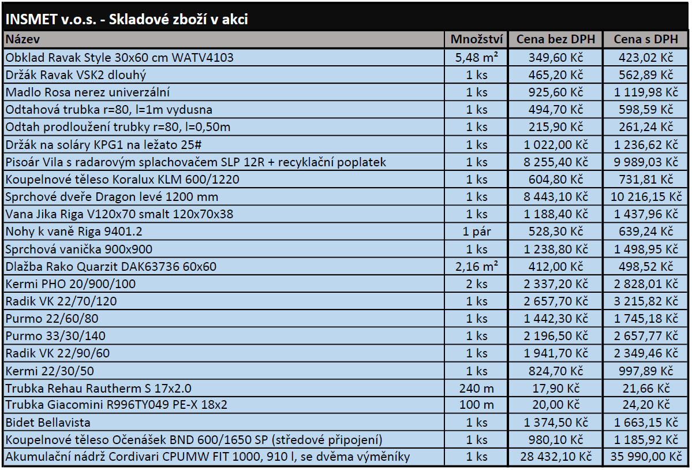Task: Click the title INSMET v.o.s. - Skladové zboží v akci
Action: pyautogui.click(x=126, y=20)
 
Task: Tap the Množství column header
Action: pyautogui.click(x=477, y=39)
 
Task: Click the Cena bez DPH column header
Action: pyautogui.click(x=555, y=39)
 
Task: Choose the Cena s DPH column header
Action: pyautogui.click(x=645, y=39)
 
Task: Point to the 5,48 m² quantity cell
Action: pyautogui.click(x=477, y=58)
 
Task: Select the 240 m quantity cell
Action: pyautogui.click(x=477, y=388)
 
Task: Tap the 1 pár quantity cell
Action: pyautogui.click(x=477, y=232)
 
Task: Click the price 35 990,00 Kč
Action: pyautogui.click(x=645, y=457)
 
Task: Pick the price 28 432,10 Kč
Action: pyautogui.click(x=555, y=457)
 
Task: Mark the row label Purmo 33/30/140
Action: pyautogui.click(x=55, y=336)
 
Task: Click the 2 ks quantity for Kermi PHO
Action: pyautogui.click(x=477, y=284)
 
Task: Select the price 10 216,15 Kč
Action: pyautogui.click(x=645, y=197)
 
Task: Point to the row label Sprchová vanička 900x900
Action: pyautogui.click(x=78, y=249)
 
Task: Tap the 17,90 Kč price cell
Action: pyautogui.click(x=555, y=388)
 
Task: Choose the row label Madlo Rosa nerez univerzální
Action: pyautogui.click(x=87, y=92)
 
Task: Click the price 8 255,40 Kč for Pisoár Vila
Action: pyautogui.click(x=555, y=162)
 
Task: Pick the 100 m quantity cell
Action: pyautogui.click(x=477, y=405)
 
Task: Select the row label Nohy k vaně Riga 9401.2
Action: pyautogui.click(x=73, y=232)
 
